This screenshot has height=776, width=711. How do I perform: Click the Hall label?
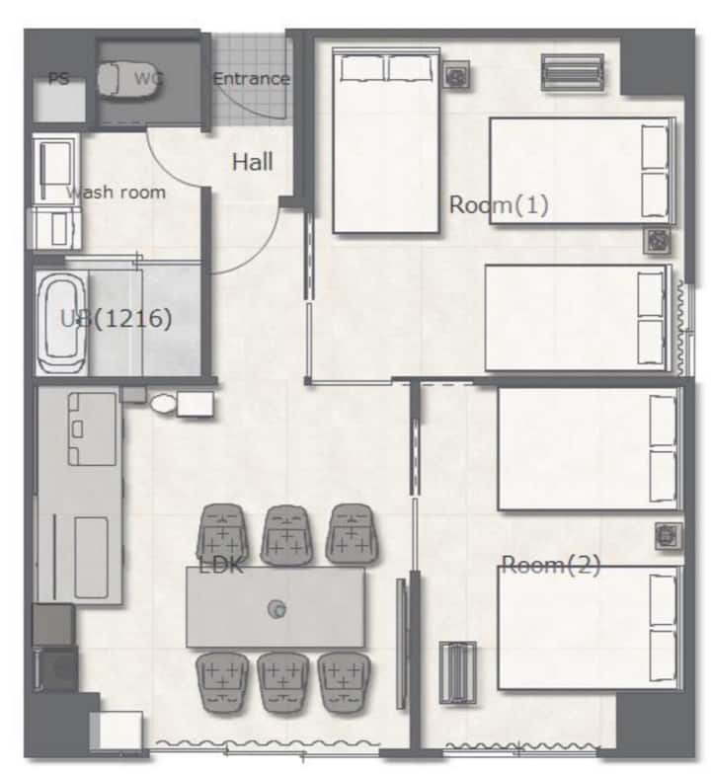[x=253, y=162]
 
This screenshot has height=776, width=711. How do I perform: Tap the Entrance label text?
[x=252, y=79]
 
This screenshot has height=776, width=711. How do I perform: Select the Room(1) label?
[x=499, y=205]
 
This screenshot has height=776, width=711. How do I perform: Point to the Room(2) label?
[x=551, y=565]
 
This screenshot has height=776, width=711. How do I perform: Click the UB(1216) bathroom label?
[x=116, y=318]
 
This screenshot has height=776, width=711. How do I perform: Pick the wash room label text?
[x=116, y=192]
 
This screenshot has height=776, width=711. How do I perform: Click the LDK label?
[x=221, y=565]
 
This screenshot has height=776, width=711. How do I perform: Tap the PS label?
[x=58, y=79]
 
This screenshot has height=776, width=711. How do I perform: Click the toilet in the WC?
[x=128, y=78]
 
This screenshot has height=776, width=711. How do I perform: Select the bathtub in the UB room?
[x=61, y=324]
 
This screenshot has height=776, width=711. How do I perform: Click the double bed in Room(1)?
[x=386, y=140]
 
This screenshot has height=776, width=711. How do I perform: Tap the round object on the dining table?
[x=276, y=609]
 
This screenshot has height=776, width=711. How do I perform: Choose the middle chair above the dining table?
[x=286, y=535]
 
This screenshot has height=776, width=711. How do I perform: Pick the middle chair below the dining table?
[x=282, y=682]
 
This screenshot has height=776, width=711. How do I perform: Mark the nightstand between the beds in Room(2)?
[x=669, y=536]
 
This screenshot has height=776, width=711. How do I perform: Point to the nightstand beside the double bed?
[x=456, y=76]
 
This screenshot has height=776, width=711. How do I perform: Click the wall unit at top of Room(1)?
[x=573, y=73]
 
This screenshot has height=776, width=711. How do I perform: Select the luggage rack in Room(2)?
[x=458, y=672]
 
